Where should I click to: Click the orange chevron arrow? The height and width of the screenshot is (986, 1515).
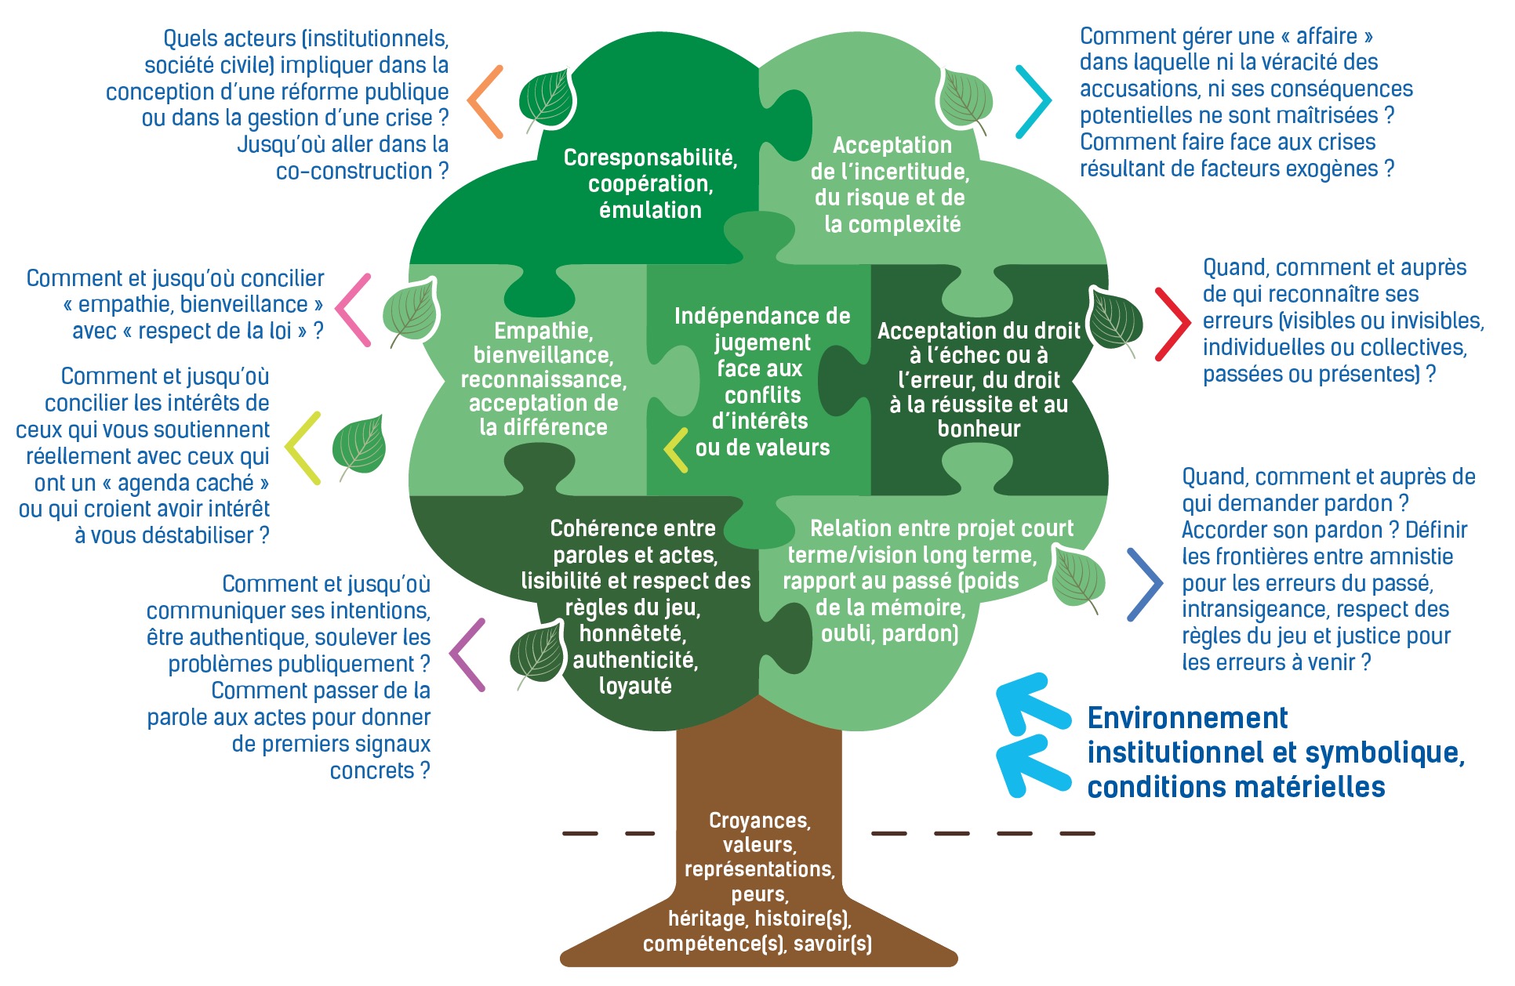click(485, 101)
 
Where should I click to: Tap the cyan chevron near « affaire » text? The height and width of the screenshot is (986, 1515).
click(1034, 102)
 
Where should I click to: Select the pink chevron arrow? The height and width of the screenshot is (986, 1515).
click(353, 310)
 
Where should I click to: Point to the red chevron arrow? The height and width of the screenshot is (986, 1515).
click(1172, 324)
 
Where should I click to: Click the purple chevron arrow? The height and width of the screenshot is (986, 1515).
click(467, 655)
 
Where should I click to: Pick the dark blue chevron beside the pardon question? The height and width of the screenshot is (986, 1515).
click(1145, 585)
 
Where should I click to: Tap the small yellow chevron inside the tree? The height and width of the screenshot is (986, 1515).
click(675, 450)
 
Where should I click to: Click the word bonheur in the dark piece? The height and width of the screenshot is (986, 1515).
click(979, 429)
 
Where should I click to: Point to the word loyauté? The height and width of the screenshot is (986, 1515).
click(635, 686)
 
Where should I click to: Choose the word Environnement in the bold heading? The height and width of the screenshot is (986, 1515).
click(1187, 718)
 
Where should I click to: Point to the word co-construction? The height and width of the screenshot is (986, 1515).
click(354, 171)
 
